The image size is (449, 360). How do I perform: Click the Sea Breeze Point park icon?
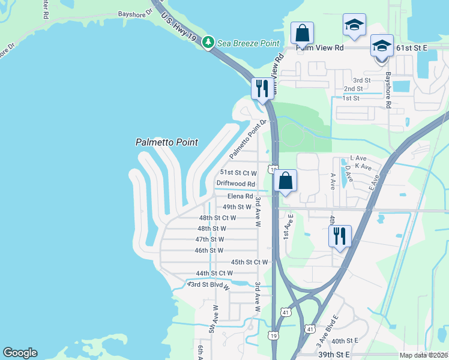(208, 42)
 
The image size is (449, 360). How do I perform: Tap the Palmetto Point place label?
(167, 143)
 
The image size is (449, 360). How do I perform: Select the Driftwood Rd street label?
(236, 184)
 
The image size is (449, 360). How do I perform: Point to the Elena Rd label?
(241, 196)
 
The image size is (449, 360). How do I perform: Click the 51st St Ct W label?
(238, 172)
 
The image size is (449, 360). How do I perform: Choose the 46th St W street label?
(209, 250)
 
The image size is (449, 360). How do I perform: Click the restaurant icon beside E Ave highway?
(340, 236)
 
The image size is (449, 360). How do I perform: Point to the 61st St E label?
(413, 47)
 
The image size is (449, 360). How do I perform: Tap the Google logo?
(20, 353)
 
